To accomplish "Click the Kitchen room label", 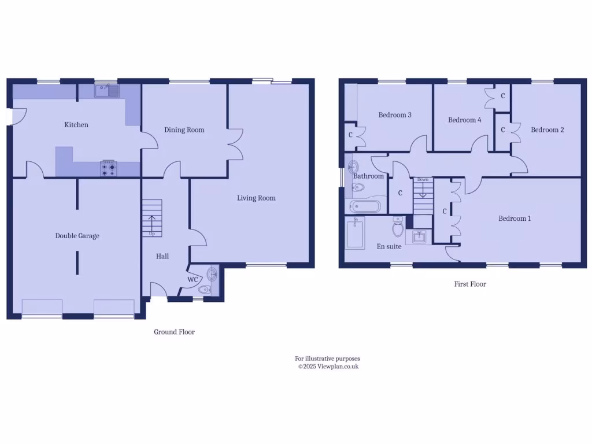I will point(76,125).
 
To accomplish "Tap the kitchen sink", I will point(108,91).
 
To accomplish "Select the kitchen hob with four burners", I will point(109,168).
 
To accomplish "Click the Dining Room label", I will point(184,130).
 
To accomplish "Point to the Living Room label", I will point(256,198).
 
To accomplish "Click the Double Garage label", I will point(77,236).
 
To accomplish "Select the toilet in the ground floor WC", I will point(204,289).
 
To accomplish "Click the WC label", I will point(193,280).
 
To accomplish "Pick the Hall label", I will point(162,256).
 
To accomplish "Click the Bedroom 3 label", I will point(395,115).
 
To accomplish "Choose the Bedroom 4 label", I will point(464,120).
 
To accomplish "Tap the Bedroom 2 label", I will point(547,130).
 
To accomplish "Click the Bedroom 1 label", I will point(515,219).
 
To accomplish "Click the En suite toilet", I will point(398,228).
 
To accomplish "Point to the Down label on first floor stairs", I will point(423,180).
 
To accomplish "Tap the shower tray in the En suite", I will point(355,232).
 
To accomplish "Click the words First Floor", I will point(470,284).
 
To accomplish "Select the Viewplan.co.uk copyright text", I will point(328,367).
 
